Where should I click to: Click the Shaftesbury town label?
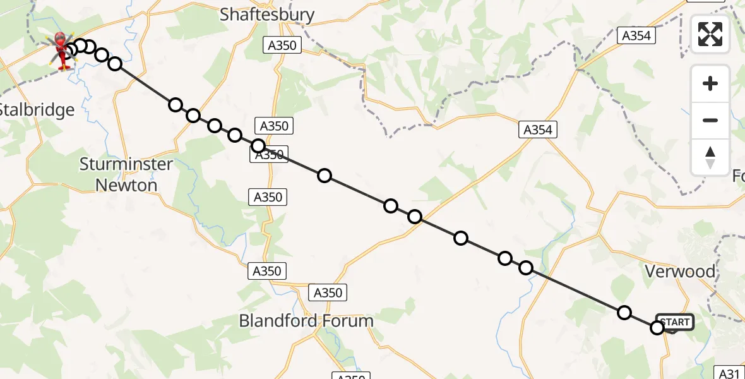click(x=266, y=15)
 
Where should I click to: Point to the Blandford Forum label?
click(x=306, y=320)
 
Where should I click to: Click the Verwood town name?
click(x=680, y=272)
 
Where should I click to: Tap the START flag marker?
click(x=675, y=322)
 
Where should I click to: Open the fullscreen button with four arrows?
click(x=710, y=33)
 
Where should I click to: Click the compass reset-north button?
click(x=710, y=157)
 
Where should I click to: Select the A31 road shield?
click(x=730, y=373)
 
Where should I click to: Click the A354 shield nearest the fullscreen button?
click(x=636, y=36)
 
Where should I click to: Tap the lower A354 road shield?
click(x=537, y=130)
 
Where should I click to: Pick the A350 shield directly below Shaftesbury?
click(x=282, y=45)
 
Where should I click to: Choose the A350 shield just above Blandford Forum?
click(x=328, y=292)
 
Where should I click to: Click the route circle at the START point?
click(x=657, y=327)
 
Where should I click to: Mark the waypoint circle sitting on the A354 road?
click(x=415, y=217)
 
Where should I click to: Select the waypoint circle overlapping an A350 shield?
click(x=258, y=146)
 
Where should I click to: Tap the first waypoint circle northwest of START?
click(x=624, y=312)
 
